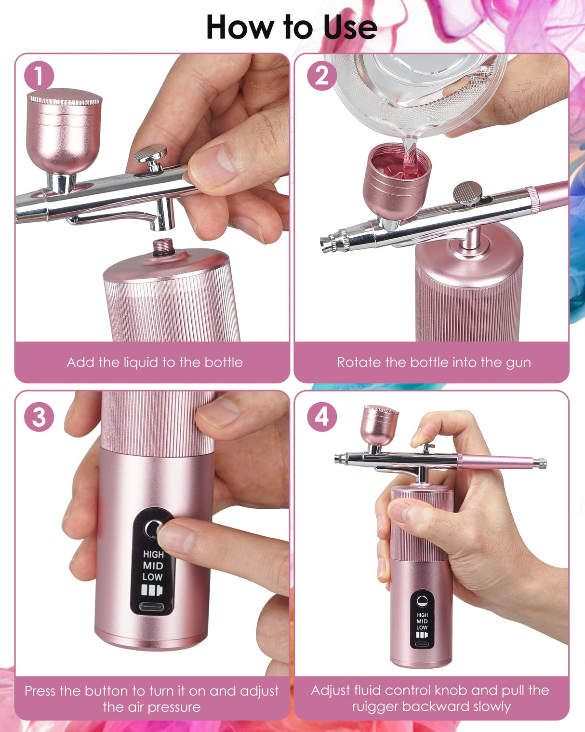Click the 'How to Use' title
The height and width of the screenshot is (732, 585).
click(292, 27)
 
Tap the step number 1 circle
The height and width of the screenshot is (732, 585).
click(39, 76)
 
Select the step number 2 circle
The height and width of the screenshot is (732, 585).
click(321, 76)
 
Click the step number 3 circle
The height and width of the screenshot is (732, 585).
click(39, 417)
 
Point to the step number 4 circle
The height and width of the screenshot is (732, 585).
click(321, 417)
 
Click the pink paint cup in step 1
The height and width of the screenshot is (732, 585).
click(64, 130)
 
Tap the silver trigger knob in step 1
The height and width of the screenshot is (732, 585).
click(150, 156)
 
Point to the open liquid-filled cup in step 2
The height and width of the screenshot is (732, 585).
click(396, 181)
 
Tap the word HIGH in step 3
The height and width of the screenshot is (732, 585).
click(153, 555)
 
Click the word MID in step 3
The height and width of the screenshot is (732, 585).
click(153, 566)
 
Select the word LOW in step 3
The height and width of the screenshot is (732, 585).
click(152, 577)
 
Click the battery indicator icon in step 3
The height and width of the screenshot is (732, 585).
click(152, 590)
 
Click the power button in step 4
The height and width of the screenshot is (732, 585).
click(422, 600)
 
